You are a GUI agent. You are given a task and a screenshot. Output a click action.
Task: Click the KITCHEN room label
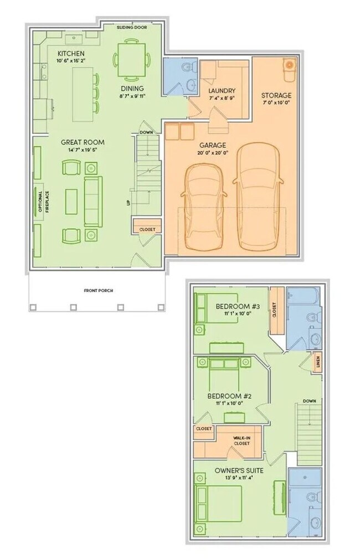71,53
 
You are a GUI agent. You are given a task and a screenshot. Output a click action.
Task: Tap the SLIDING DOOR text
132,27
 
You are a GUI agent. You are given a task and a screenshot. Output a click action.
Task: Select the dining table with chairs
132,58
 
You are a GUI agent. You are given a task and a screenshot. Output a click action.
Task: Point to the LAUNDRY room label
222,91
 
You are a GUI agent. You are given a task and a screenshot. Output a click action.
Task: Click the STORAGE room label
276,95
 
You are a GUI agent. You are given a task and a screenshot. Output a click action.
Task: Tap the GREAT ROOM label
82,142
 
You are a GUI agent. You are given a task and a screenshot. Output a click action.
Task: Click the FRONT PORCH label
99,290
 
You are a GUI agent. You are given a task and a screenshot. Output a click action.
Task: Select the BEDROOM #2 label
229,396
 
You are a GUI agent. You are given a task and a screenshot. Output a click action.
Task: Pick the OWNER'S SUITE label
239,470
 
